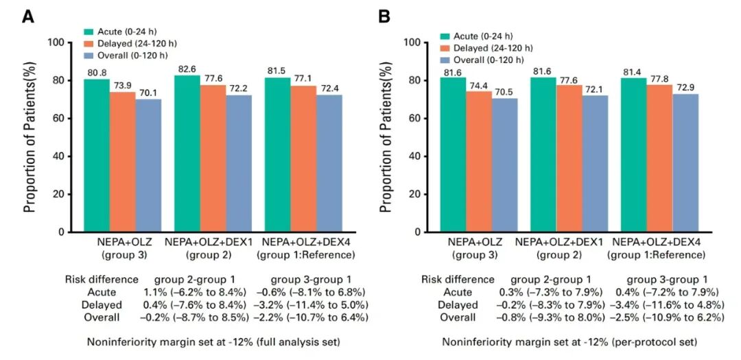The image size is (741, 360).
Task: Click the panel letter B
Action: coord(385,17)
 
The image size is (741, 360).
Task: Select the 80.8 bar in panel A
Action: coord(97,156)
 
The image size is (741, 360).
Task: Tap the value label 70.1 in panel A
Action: coord(148,93)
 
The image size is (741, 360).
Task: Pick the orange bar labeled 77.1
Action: coord(303,159)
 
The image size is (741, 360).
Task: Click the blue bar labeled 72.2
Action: coord(239,164)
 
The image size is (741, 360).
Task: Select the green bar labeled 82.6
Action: coord(187,154)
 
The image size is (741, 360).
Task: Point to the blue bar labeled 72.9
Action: coord(685,163)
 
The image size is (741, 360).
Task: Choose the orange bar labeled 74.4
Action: coord(454,162)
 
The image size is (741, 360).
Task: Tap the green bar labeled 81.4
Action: coord(634,155)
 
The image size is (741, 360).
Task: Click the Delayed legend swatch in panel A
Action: coord(89,43)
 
